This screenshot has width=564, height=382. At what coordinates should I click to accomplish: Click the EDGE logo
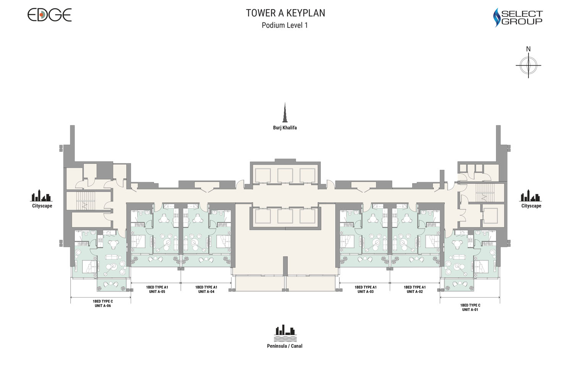[x=49, y=15]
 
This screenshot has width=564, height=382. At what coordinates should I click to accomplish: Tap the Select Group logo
[x=518, y=18]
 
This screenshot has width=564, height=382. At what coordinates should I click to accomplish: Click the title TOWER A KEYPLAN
[x=285, y=13]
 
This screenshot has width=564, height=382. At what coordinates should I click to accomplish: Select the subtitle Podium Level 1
[x=285, y=25]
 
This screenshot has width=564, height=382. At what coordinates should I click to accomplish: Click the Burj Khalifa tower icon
[x=285, y=113]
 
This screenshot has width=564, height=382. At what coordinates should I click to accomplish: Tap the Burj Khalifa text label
[x=285, y=128]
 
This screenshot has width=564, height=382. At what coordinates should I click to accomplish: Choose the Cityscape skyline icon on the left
[x=41, y=196]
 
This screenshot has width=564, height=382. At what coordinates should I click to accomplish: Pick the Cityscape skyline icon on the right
[x=530, y=196]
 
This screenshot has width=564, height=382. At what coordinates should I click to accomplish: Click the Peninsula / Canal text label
[x=285, y=346]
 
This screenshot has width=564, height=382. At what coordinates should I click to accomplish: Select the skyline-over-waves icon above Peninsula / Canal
[x=285, y=333]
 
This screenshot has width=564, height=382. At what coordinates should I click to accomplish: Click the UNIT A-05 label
[x=157, y=291]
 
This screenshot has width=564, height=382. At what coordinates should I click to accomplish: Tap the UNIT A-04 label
[x=206, y=291]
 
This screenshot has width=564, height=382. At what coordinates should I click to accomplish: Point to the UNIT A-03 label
[x=366, y=291]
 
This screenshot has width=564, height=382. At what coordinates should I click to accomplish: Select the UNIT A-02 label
[x=415, y=291]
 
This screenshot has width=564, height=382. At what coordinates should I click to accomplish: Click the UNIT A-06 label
[x=103, y=306]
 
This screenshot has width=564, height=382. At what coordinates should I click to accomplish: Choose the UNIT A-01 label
[x=470, y=309]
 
